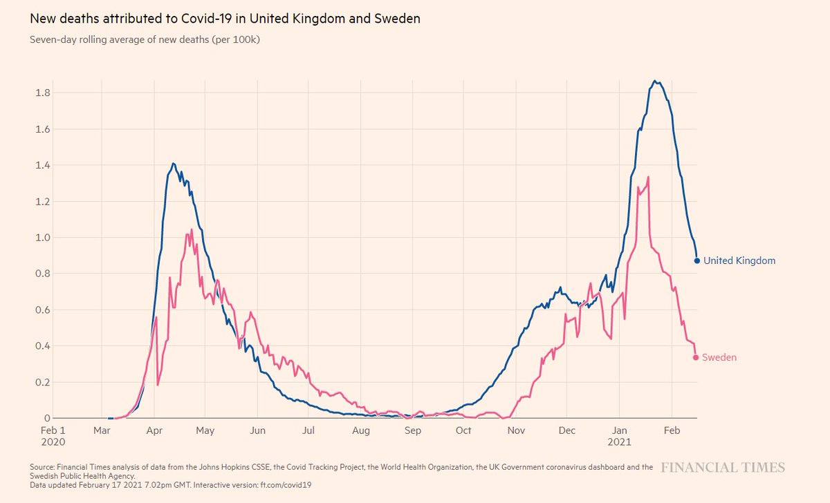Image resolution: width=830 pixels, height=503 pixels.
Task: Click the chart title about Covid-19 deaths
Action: (x=225, y=19)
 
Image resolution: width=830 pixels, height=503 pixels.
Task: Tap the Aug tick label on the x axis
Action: (x=360, y=430)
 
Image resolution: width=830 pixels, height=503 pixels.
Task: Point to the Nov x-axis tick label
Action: (x=515, y=430)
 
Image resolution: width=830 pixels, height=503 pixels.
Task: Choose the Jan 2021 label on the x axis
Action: (x=619, y=435)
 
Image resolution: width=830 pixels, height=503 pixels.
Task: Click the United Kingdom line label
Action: (x=739, y=261)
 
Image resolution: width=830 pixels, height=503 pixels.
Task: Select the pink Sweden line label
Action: (x=719, y=358)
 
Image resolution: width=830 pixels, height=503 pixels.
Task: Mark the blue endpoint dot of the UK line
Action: (x=697, y=260)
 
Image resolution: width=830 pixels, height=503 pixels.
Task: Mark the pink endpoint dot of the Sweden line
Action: (x=696, y=357)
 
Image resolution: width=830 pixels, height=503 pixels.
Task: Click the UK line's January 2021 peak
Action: (x=655, y=82)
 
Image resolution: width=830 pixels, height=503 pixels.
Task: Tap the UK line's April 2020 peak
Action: (x=173, y=164)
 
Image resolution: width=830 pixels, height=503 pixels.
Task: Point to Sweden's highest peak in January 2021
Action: (x=648, y=178)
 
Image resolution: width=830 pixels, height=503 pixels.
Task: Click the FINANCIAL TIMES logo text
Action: (x=723, y=468)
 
